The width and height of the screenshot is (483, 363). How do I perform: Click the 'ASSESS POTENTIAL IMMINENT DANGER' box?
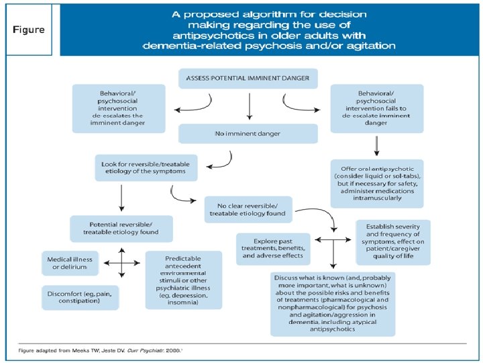coord(248,79)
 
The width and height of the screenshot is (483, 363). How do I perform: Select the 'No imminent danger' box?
coord(248,134)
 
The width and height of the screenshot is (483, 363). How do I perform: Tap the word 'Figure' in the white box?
coord(29,30)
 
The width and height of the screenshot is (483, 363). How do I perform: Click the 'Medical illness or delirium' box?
coord(70,264)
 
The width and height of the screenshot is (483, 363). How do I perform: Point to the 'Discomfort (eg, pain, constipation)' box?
coord(80,298)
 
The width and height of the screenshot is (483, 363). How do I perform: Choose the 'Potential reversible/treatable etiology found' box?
coord(121,229)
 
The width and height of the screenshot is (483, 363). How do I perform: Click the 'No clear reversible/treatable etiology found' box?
coord(248,210)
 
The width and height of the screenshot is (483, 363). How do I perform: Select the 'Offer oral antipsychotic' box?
coord(377,184)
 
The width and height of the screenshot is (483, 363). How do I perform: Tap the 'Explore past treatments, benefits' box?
coord(273,249)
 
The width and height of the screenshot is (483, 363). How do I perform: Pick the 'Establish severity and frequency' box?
coord(393,242)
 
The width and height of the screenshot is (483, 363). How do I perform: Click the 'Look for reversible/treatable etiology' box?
coord(146,167)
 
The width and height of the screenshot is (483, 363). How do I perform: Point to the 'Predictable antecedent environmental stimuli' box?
coord(184,280)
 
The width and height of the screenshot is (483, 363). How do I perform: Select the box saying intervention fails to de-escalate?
coord(377,108)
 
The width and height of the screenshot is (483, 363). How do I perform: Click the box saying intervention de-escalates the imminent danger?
coord(119,108)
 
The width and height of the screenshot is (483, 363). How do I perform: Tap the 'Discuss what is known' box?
coord(333,304)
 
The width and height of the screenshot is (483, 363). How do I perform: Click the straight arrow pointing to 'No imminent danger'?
coord(250,106)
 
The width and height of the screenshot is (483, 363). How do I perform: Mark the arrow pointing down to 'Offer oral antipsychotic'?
coord(376,146)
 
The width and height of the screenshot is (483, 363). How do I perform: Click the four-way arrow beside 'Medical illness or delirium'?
coord(122,263)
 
